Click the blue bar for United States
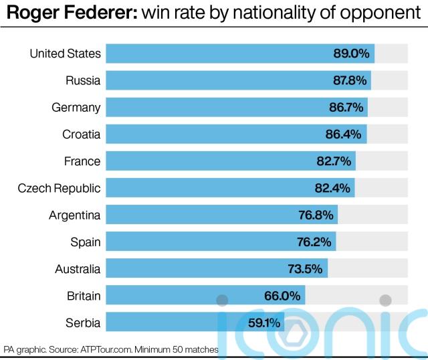(x=239, y=54)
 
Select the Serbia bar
(x=195, y=323)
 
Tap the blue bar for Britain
(x=205, y=296)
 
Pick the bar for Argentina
(x=221, y=215)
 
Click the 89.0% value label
(x=350, y=54)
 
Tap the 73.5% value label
(x=306, y=269)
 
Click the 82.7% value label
(x=333, y=161)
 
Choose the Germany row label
(x=76, y=108)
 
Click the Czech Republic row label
(x=59, y=188)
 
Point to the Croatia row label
(x=81, y=134)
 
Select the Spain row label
(x=86, y=242)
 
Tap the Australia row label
(x=78, y=269)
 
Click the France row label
(x=82, y=161)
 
